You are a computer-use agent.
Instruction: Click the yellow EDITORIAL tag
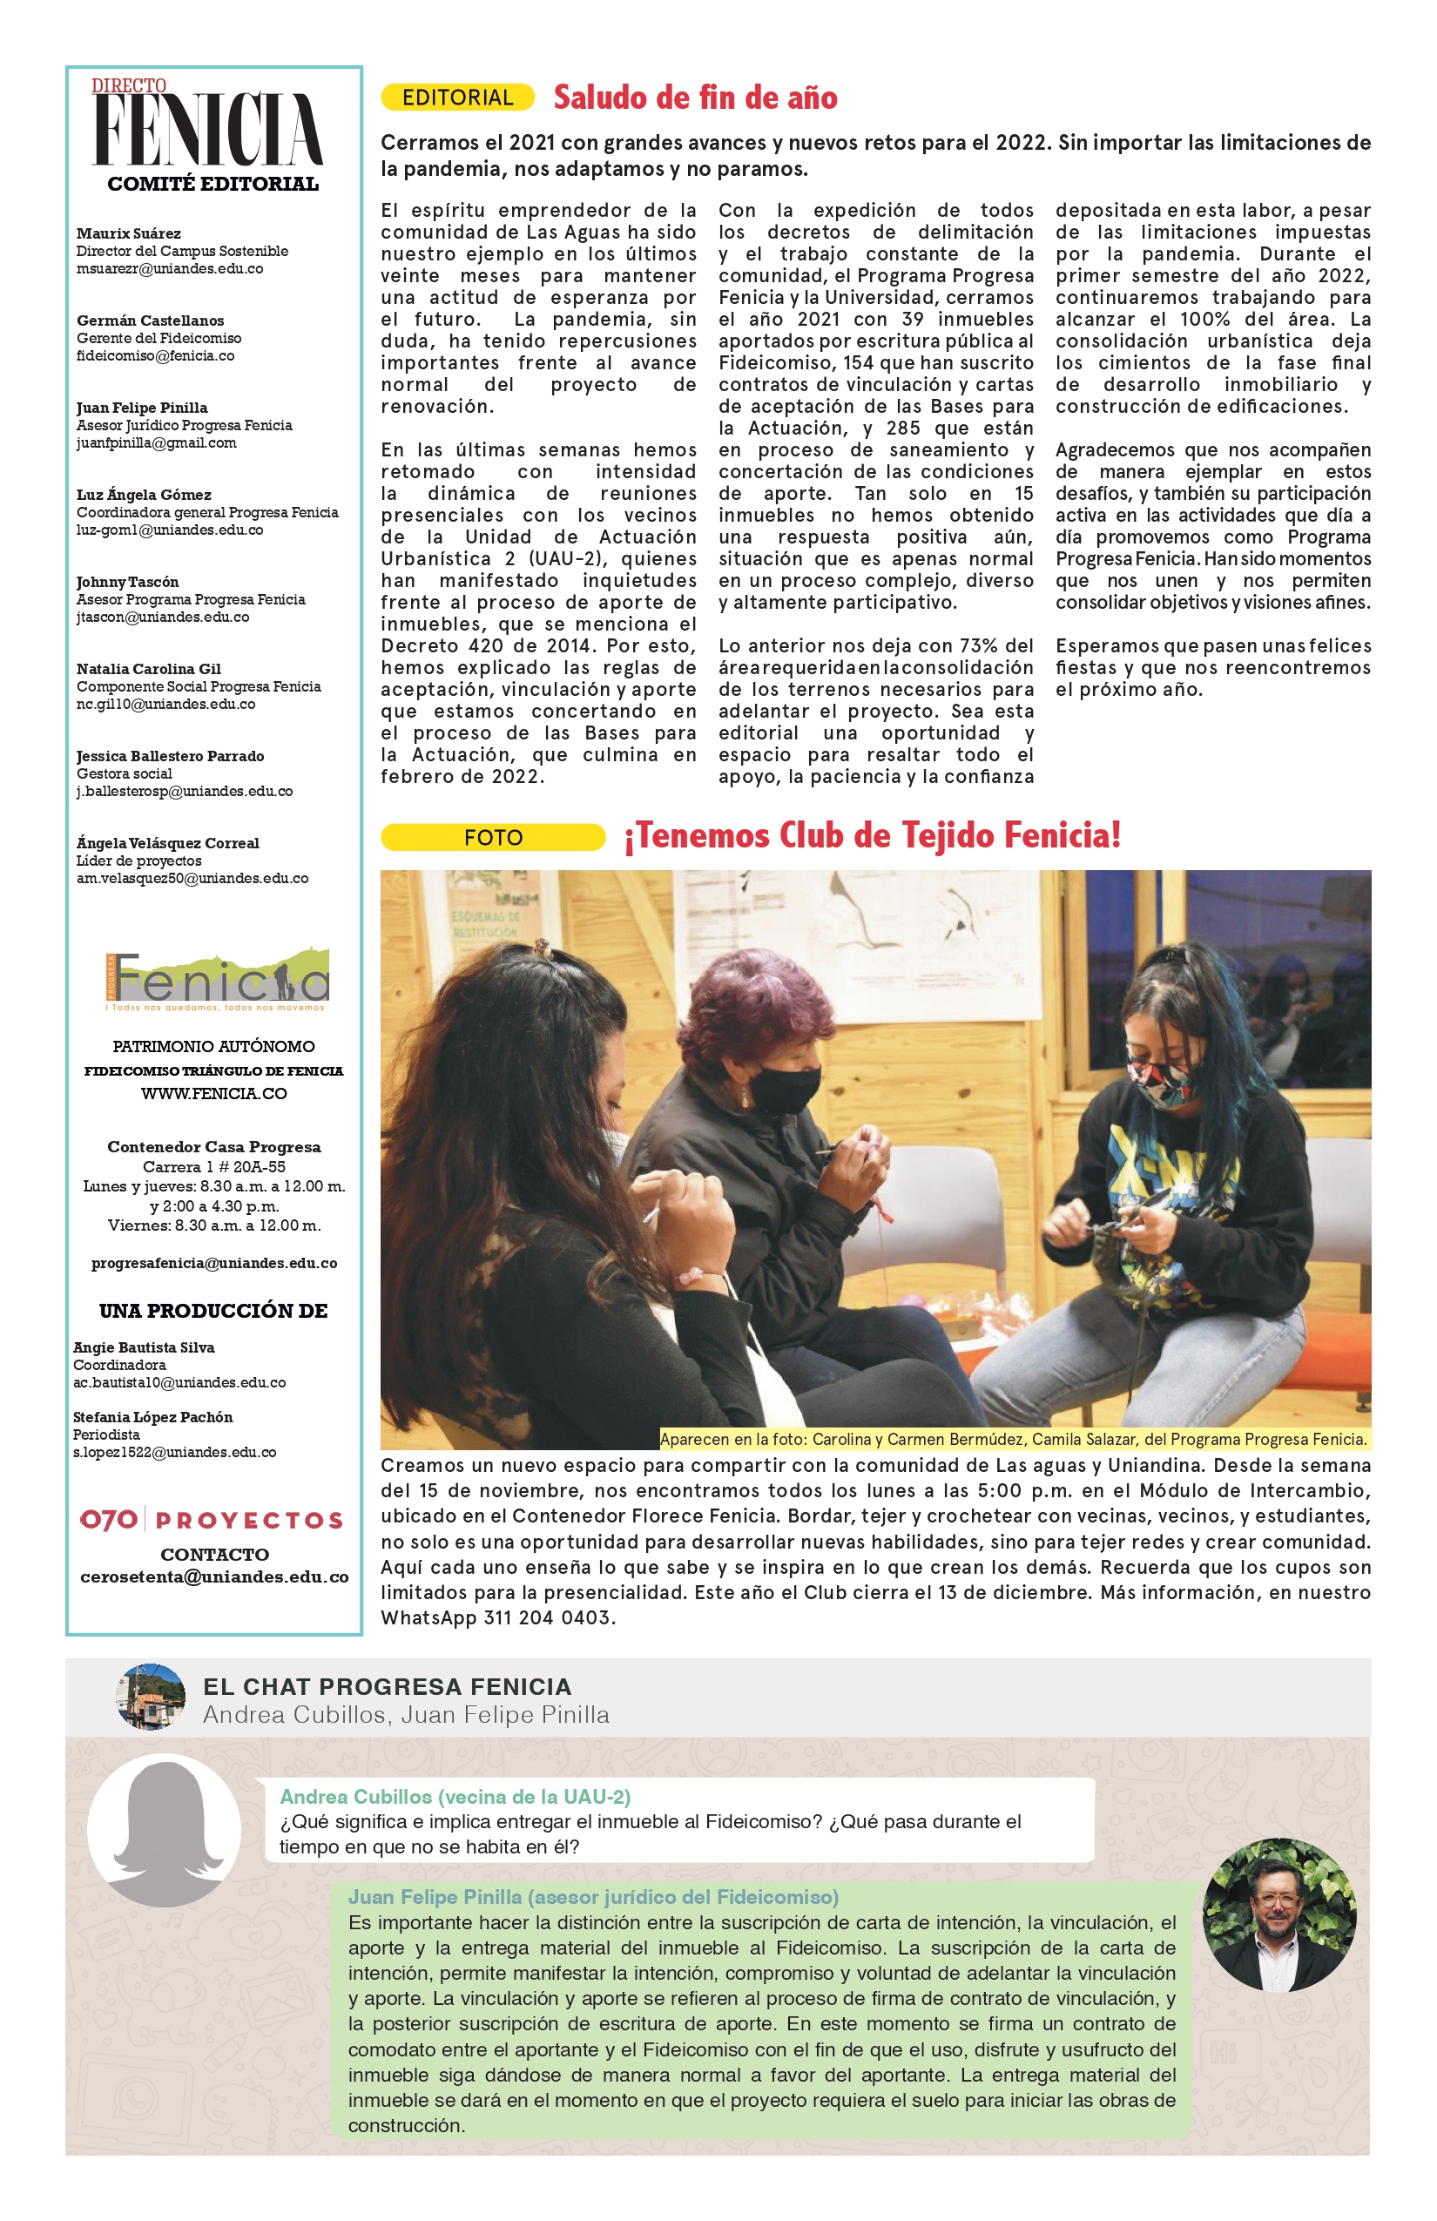(x=457, y=97)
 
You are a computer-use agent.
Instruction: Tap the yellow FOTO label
(x=493, y=837)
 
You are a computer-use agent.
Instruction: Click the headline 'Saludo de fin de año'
(x=695, y=97)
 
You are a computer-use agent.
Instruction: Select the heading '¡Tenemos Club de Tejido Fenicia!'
(x=873, y=835)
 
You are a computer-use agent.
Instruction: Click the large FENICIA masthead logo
(x=209, y=129)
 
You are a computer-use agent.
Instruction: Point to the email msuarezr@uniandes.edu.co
(x=170, y=269)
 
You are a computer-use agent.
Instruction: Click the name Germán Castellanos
(x=150, y=321)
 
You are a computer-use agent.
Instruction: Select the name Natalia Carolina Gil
(x=148, y=668)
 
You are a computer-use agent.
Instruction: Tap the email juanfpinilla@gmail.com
(x=157, y=442)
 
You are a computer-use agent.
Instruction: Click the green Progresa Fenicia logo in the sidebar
(x=217, y=981)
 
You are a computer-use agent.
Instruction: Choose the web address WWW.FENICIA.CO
(x=213, y=1093)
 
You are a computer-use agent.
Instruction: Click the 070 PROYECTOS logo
(x=212, y=1520)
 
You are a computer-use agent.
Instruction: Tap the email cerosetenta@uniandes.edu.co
(x=214, y=1576)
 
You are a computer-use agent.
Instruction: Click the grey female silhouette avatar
(x=165, y=1830)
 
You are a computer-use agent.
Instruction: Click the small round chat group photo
(x=149, y=1697)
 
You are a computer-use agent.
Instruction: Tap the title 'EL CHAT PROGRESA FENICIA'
(x=388, y=1686)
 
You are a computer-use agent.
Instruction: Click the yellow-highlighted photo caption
(x=1015, y=1439)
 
